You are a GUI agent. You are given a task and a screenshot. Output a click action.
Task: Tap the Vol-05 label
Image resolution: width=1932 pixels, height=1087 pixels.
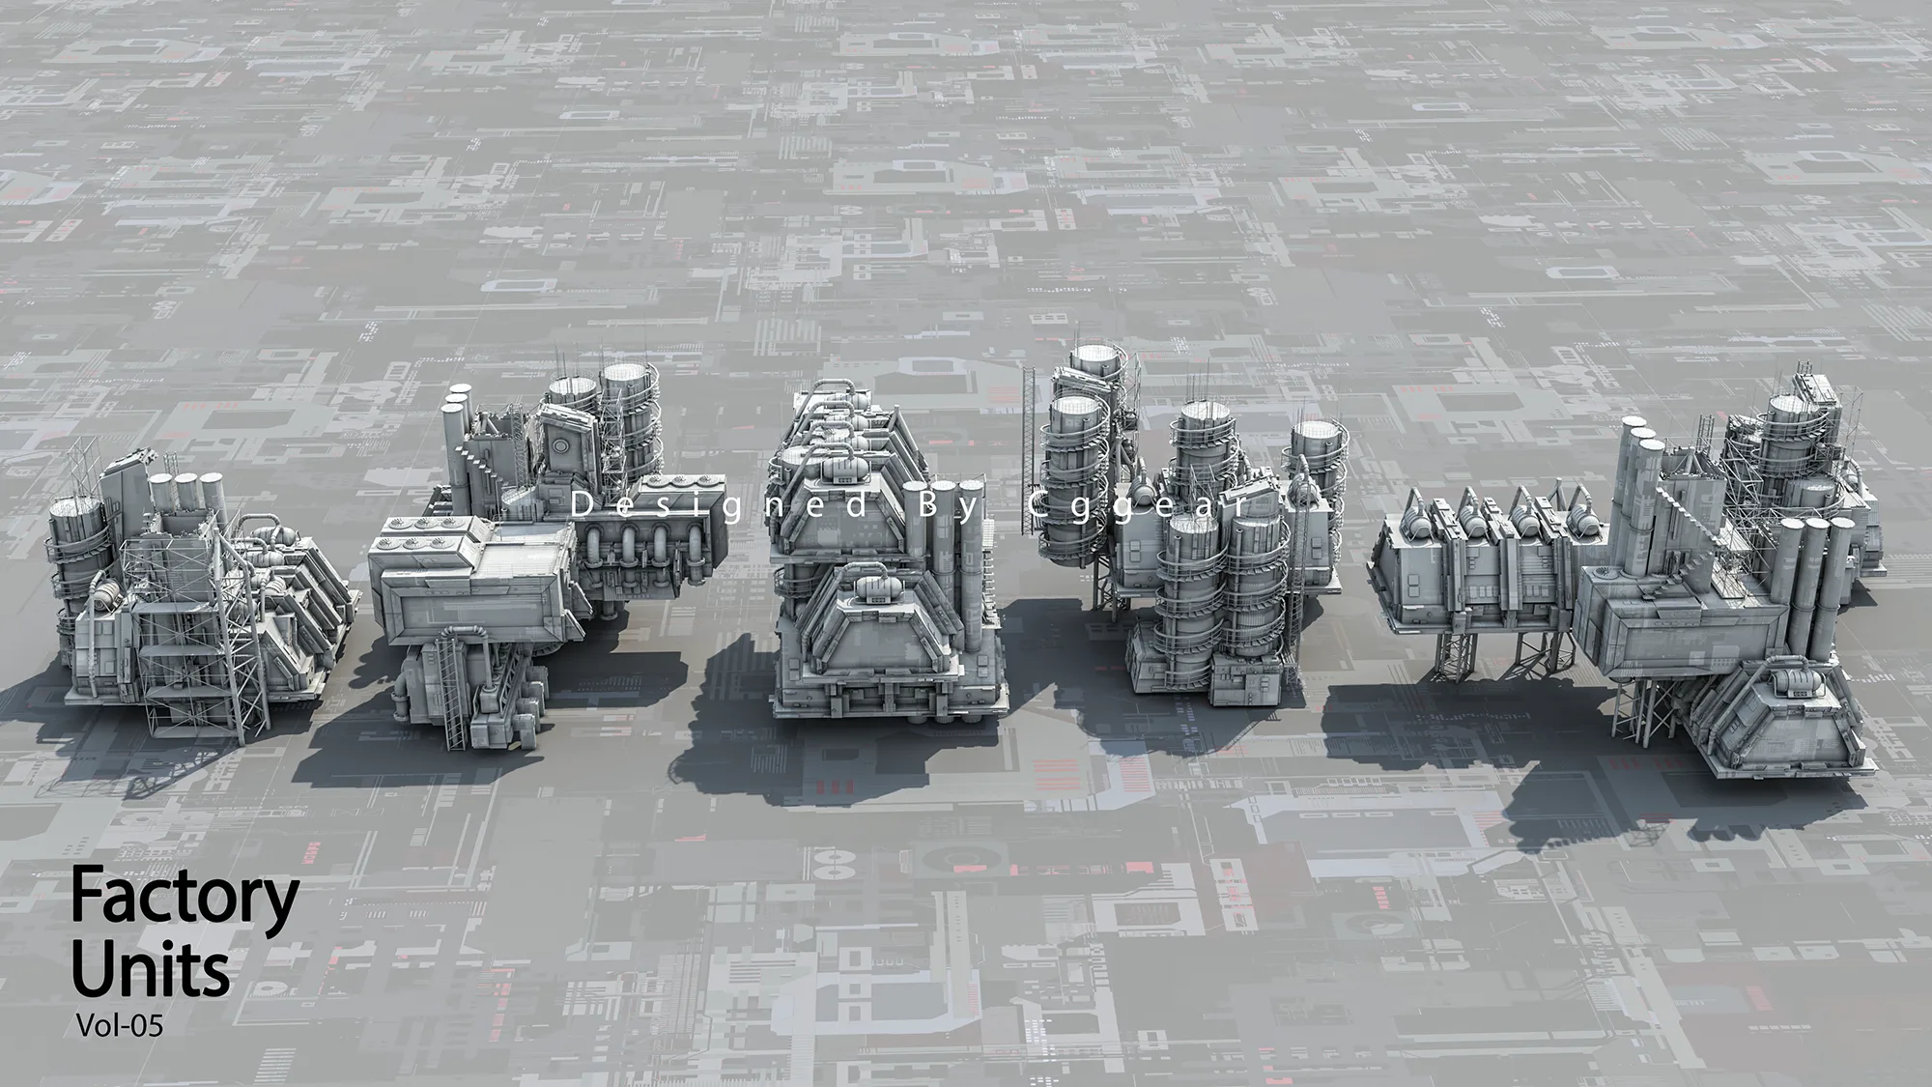[119, 1026]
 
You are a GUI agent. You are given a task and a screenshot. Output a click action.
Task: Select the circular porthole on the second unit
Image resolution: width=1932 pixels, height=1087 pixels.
[563, 439]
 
